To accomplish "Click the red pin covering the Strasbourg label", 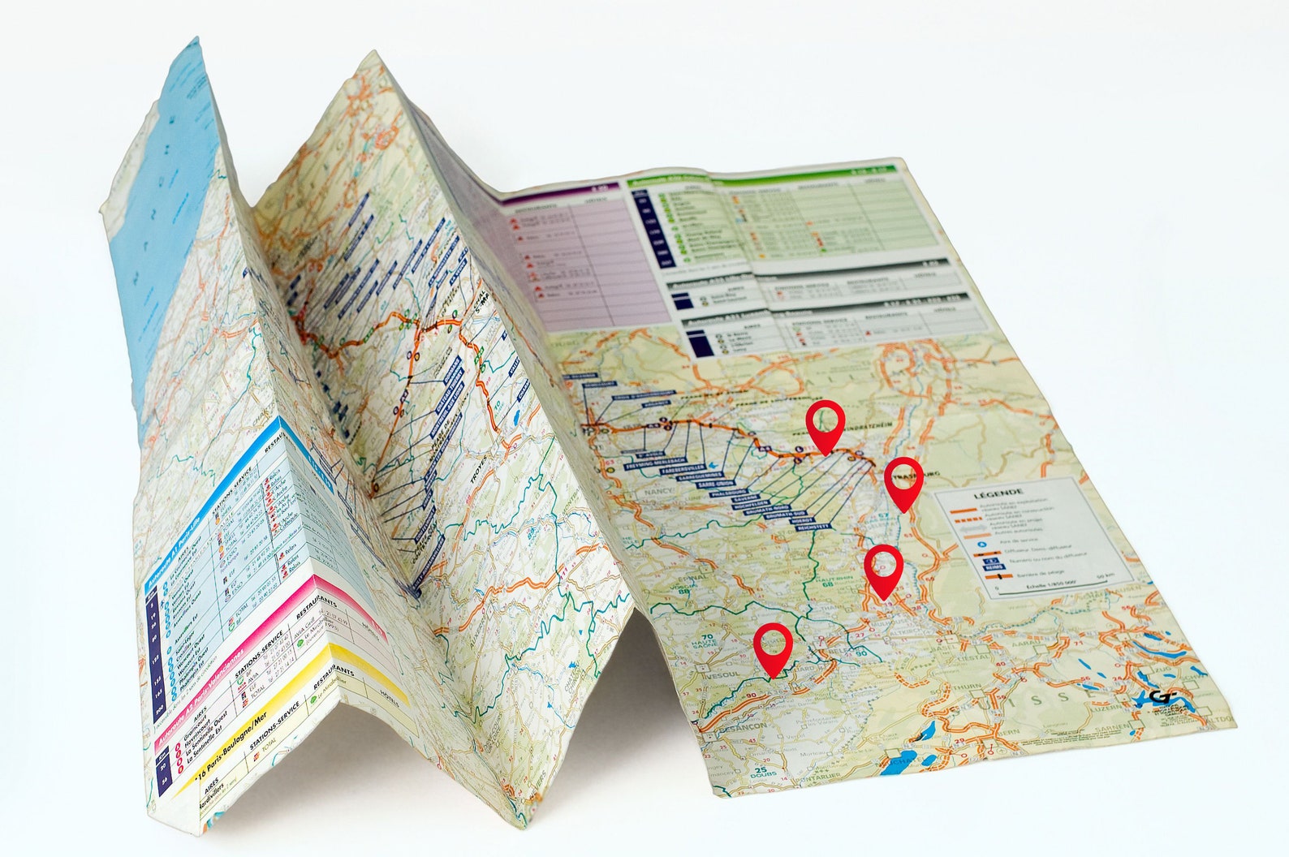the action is tap(903, 479).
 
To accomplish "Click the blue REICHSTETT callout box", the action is tap(815, 527).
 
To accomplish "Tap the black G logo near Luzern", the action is tap(1163, 698).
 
